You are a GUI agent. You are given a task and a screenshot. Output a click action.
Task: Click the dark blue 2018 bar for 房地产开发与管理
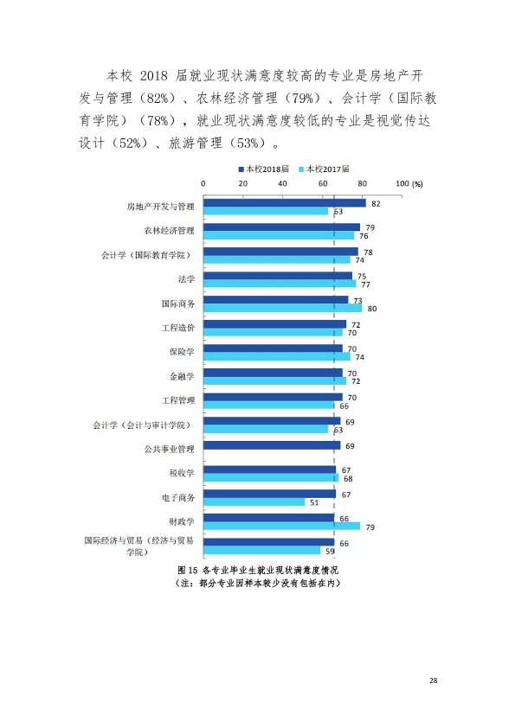(285, 203)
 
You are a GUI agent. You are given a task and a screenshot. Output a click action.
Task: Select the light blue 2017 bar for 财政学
(281, 526)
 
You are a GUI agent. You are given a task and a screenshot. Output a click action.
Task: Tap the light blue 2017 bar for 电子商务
(254, 501)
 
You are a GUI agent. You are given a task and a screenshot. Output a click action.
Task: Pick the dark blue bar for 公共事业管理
(272, 445)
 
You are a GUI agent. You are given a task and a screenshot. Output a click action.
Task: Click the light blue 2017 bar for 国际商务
(282, 308)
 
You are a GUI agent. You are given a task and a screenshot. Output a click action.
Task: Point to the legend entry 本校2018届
(263, 169)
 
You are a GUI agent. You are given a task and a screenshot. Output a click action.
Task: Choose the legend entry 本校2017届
(324, 169)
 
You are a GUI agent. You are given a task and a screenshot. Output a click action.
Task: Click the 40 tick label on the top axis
(282, 183)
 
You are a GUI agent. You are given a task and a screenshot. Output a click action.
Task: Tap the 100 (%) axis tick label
(409, 183)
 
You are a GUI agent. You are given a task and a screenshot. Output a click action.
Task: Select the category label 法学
(186, 279)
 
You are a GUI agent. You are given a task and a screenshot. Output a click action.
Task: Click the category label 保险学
(182, 352)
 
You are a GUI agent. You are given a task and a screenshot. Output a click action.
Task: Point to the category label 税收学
(182, 473)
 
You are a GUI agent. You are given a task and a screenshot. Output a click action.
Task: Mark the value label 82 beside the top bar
(376, 204)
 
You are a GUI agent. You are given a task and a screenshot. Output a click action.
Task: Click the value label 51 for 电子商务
(314, 503)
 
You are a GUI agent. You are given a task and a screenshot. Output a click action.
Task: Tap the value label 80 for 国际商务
(372, 309)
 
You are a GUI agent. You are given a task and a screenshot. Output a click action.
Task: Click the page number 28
(433, 680)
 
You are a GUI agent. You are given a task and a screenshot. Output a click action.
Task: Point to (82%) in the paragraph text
(160, 98)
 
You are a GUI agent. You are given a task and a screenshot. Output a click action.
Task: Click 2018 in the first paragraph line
(153, 76)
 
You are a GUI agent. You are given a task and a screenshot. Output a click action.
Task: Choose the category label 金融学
(182, 376)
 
